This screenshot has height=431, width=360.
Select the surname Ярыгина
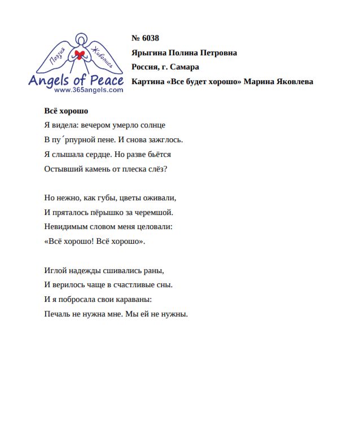coord(151,53)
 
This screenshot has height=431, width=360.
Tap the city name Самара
coord(183,67)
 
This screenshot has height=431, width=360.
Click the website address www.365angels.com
coord(89,90)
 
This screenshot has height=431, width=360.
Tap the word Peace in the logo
coord(106,80)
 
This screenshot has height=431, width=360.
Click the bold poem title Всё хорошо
coord(66,111)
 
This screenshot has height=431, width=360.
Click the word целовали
coord(152,227)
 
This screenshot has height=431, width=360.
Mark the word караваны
coord(134,299)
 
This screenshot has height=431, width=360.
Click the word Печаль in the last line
coord(56,314)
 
